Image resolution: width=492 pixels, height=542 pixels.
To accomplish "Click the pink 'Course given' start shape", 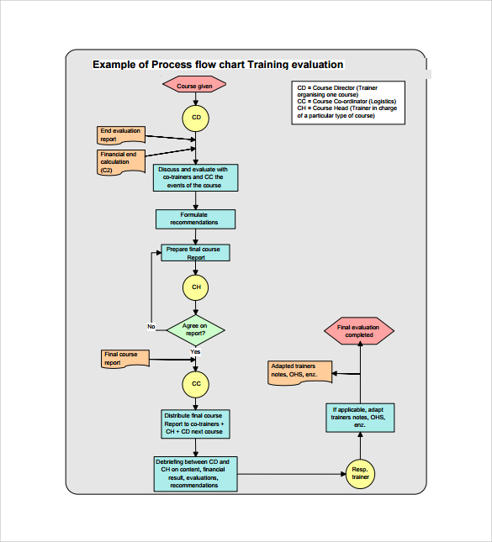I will coord(195,86).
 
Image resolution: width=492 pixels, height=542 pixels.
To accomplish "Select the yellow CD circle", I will coord(196,118).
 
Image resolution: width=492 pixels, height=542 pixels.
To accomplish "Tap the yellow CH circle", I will coord(196,287).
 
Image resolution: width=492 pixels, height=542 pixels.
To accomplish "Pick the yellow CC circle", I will coord(196,384).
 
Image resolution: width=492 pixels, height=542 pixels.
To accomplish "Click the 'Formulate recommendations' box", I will coord(195,218).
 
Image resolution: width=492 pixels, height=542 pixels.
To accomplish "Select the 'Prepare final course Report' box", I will coord(196,253).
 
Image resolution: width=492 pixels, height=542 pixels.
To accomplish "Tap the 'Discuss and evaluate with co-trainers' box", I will coord(195,177).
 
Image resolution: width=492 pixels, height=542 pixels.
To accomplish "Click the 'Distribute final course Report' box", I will coord(195,424).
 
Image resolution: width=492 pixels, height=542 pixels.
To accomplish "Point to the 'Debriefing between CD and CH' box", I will coord(196,473).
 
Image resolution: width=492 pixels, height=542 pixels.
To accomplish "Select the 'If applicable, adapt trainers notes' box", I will coord(360,418).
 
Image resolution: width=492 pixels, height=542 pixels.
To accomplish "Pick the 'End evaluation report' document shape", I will coord(120,135).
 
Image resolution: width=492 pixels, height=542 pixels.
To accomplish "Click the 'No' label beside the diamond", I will coord(151,326).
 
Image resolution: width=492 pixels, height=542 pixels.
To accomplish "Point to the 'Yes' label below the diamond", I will coord(195,351).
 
